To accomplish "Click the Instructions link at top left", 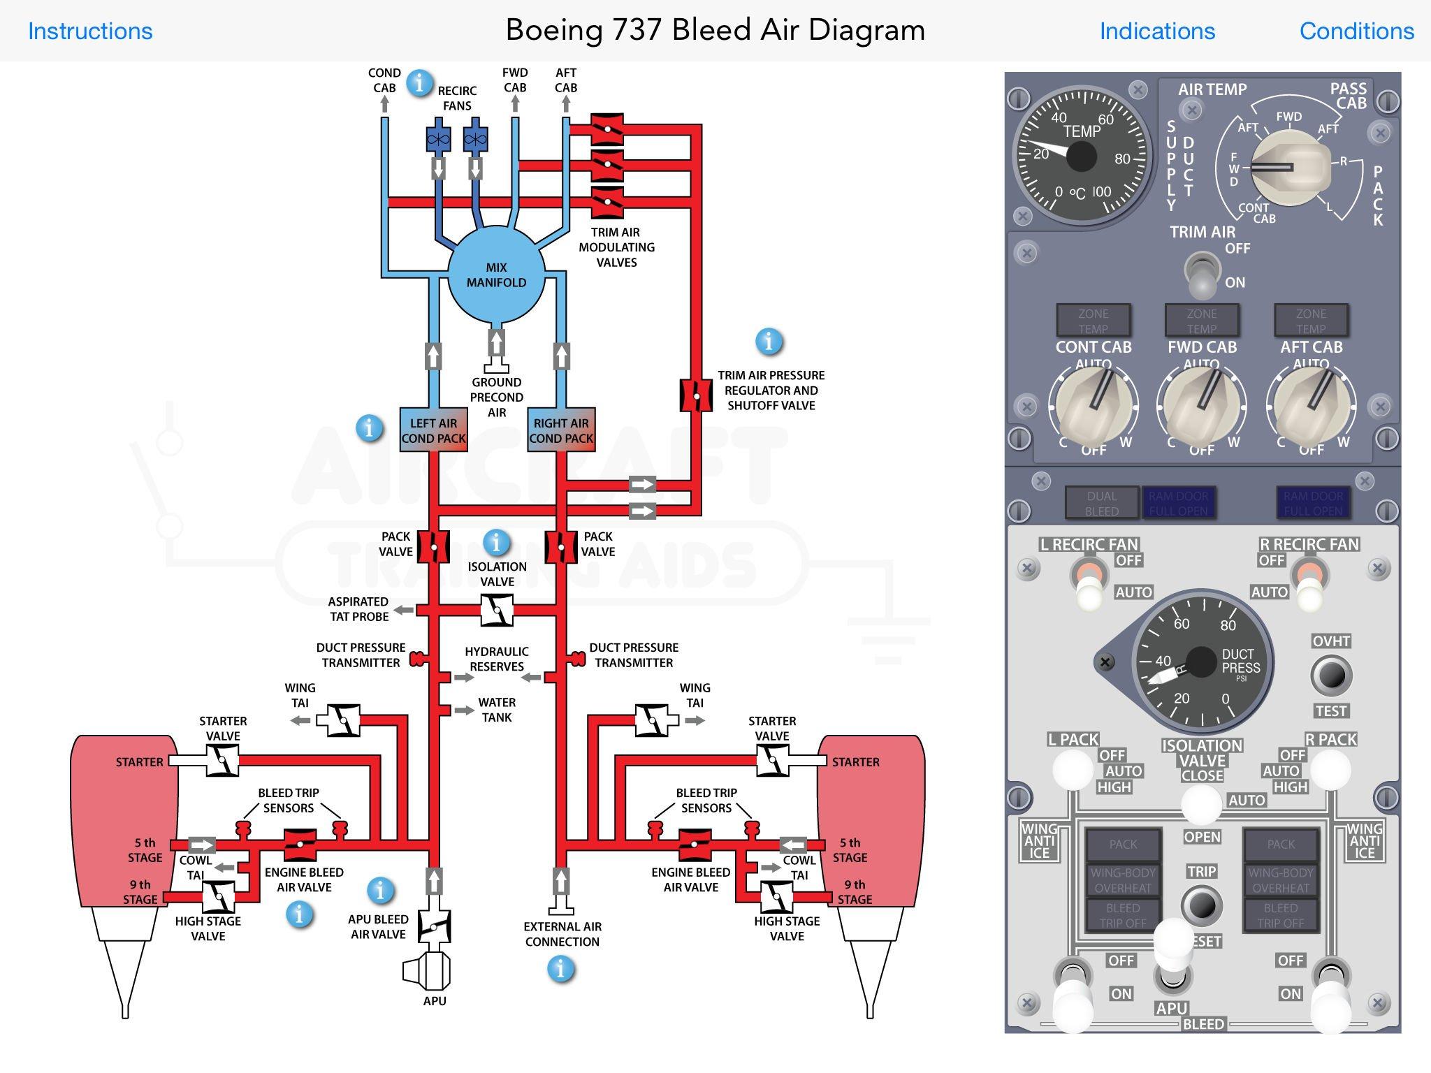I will click(90, 31).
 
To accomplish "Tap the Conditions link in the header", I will click(1356, 31).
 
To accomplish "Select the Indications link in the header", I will click(1157, 31).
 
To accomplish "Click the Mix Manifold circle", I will click(496, 275).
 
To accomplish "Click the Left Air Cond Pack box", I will click(433, 430).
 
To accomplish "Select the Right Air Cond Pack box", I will click(561, 430).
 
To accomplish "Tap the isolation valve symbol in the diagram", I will click(497, 611).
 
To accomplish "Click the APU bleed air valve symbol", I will click(434, 927).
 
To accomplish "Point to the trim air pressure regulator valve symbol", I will click(696, 395).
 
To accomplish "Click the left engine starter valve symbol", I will click(222, 761).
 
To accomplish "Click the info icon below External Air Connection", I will click(560, 969).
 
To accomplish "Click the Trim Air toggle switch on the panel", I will click(1202, 275).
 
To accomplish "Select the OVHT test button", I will click(1331, 676).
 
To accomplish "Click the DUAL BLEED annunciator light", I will click(1102, 503).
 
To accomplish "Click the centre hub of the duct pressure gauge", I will click(1201, 662).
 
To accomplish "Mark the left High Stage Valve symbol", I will click(218, 897).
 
